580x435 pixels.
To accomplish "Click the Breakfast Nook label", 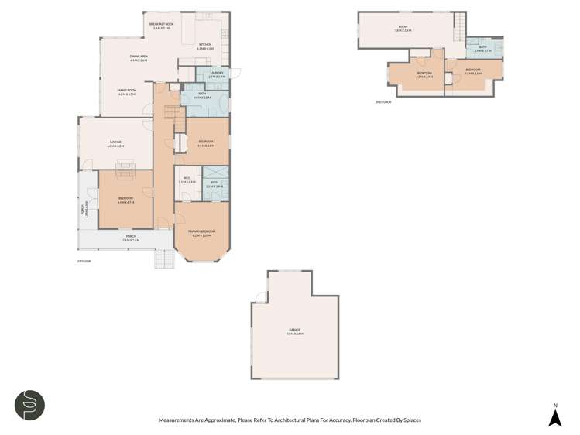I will pyautogui.click(x=162, y=25).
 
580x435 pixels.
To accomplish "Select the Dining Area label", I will pyautogui.click(x=139, y=57).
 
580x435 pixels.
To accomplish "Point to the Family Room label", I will pyautogui.click(x=125, y=92).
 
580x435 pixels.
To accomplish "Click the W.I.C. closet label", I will pyautogui.click(x=187, y=180).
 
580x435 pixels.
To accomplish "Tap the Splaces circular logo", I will pyautogui.click(x=29, y=404).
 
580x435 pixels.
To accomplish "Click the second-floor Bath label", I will pyautogui.click(x=482, y=48).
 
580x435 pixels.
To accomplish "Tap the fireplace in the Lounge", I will pyautogui.click(x=125, y=165).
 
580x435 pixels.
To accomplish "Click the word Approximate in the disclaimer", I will pyautogui.click(x=207, y=420).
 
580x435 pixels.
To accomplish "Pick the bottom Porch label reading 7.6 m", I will pyautogui.click(x=130, y=239).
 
